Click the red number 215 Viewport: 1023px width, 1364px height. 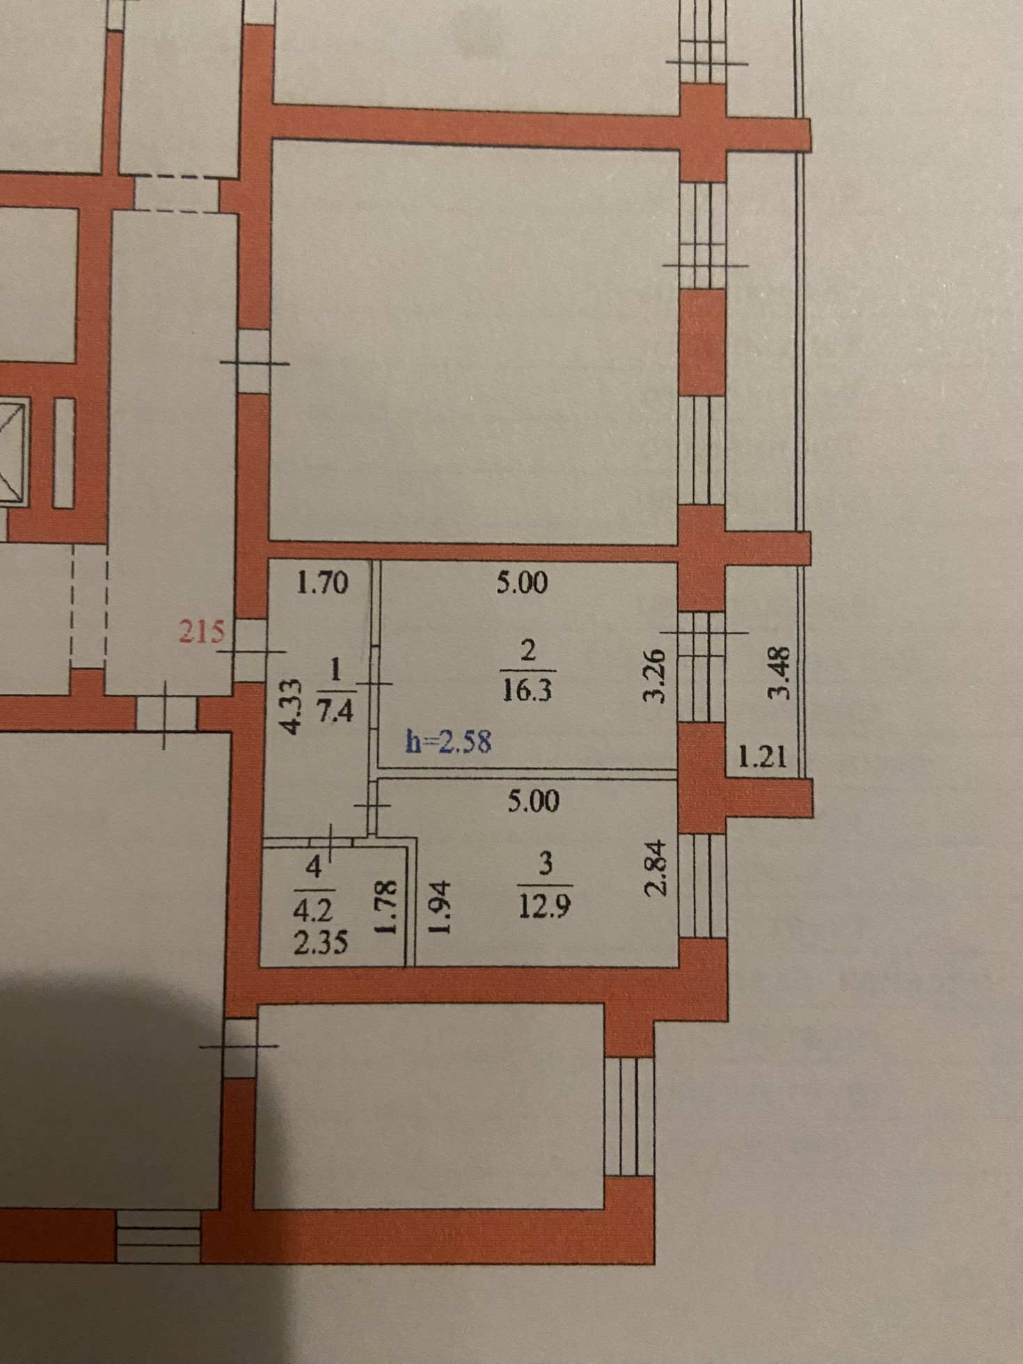tap(202, 632)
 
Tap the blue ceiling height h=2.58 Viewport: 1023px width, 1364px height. tap(449, 742)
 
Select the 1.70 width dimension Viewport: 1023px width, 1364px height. tap(322, 582)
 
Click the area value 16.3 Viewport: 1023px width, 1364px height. tap(527, 691)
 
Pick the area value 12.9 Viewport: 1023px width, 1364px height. tap(546, 907)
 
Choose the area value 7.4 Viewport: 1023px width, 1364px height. tap(335, 712)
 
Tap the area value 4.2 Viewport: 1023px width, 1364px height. tap(313, 910)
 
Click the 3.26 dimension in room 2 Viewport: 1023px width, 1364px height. tap(655, 676)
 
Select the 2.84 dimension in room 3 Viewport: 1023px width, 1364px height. tap(655, 870)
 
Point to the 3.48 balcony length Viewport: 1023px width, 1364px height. tap(780, 673)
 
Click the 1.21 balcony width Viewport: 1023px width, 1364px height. tap(763, 756)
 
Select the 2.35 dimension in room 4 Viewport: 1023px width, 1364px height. tap(320, 944)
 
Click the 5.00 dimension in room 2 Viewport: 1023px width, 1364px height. tap(522, 582)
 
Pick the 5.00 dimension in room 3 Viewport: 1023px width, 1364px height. tap(533, 802)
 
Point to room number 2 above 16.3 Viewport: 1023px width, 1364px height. tap(528, 651)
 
